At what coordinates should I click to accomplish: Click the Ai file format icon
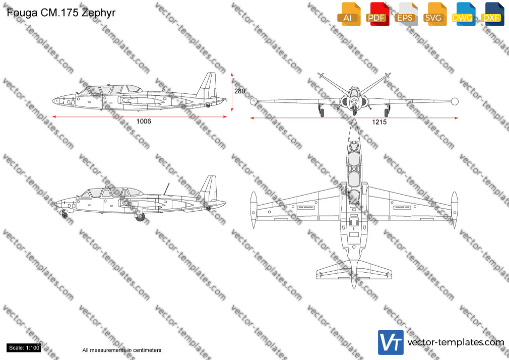point(349,14)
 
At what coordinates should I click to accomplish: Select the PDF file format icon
point(377,14)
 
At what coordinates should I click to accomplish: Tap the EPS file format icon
point(406,14)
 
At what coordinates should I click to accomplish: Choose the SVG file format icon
point(434,14)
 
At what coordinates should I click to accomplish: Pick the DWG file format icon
point(464,14)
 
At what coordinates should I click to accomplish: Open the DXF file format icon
point(492,14)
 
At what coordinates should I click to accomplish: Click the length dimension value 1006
point(144,121)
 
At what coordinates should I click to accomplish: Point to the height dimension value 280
point(239,91)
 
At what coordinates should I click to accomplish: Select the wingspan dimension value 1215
point(379,122)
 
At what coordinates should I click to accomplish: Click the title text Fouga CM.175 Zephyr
point(61,13)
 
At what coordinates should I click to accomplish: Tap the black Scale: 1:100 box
point(24,348)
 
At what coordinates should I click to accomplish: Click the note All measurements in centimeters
point(122,350)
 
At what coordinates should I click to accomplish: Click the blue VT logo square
point(391,342)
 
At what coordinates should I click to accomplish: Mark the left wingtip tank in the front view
point(253,101)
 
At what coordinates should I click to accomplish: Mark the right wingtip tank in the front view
point(455,101)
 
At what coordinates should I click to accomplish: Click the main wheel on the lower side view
point(140,217)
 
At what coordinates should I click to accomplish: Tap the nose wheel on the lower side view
point(65,215)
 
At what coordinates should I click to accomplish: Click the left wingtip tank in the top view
point(253,210)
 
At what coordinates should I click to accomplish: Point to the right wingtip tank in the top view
point(455,210)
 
